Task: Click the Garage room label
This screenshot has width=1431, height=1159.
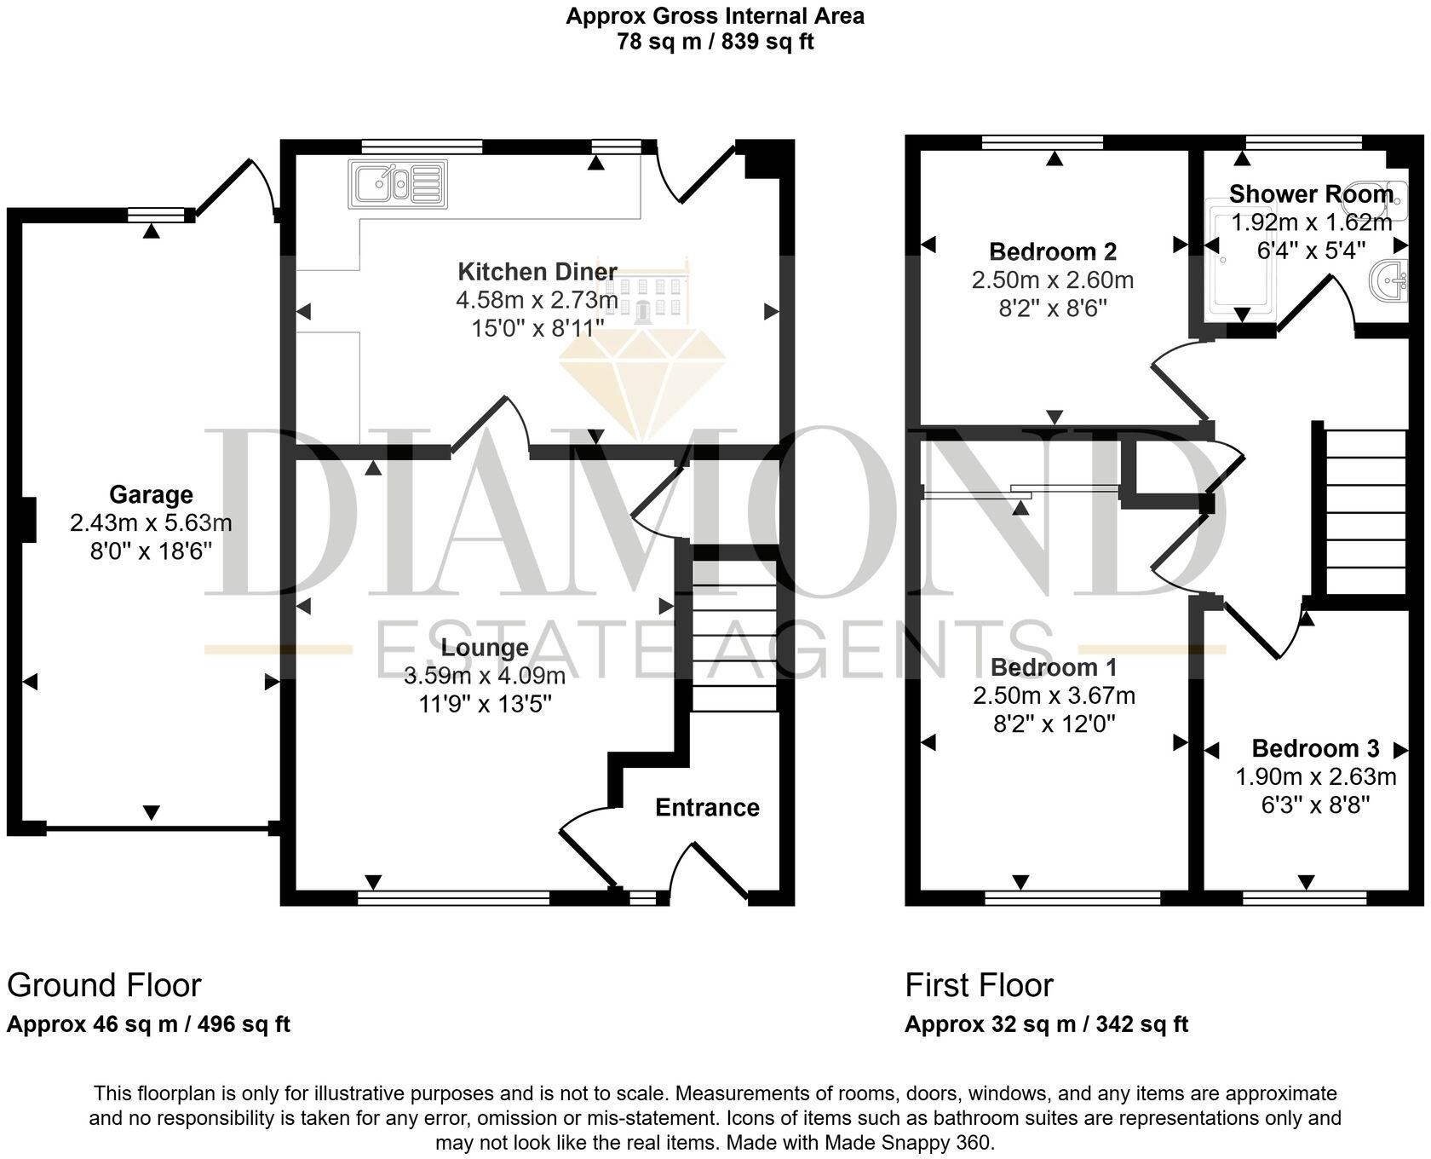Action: tap(151, 494)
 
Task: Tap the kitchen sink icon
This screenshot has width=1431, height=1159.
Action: tap(397, 183)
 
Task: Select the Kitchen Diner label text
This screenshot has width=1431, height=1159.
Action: tap(537, 272)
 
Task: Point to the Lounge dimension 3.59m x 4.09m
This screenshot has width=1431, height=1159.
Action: tap(485, 677)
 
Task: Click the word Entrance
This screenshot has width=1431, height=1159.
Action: tap(707, 807)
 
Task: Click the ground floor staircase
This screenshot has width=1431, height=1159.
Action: tap(734, 635)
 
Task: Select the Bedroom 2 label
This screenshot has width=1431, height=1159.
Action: tap(1053, 251)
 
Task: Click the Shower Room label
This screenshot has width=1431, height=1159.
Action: tap(1311, 194)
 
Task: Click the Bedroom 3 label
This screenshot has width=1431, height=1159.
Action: tap(1315, 748)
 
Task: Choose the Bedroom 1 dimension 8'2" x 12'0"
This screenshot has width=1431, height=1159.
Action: tap(1054, 724)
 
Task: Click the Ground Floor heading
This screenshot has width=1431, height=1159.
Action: tap(104, 985)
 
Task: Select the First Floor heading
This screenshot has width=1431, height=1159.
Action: tap(979, 985)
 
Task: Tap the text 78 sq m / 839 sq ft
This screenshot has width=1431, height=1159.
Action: tap(715, 42)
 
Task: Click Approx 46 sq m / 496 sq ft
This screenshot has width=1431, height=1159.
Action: tap(148, 1023)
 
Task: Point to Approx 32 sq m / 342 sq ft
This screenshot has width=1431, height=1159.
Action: tap(1046, 1023)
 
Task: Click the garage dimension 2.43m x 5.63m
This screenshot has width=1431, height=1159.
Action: tap(151, 522)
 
